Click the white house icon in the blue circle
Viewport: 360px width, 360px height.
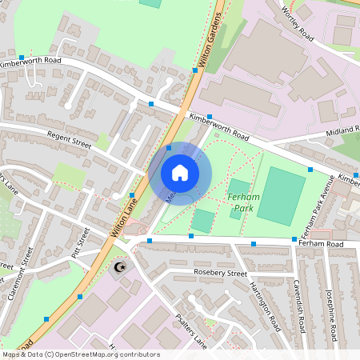(x=180, y=172)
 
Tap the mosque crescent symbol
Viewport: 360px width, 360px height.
(x=122, y=266)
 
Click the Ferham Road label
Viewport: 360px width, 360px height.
(x=334, y=243)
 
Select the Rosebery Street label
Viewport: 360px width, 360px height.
(x=221, y=273)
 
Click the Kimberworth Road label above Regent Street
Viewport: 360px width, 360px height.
(x=30, y=62)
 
